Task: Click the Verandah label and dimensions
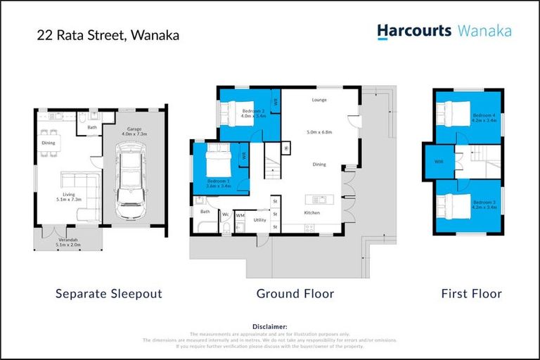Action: [68, 243]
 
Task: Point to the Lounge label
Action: [319, 101]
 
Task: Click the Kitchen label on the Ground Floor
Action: [311, 212]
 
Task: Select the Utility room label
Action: [259, 220]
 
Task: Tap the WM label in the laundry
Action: [240, 215]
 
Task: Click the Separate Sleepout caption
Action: [108, 293]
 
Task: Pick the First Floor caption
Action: [471, 293]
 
